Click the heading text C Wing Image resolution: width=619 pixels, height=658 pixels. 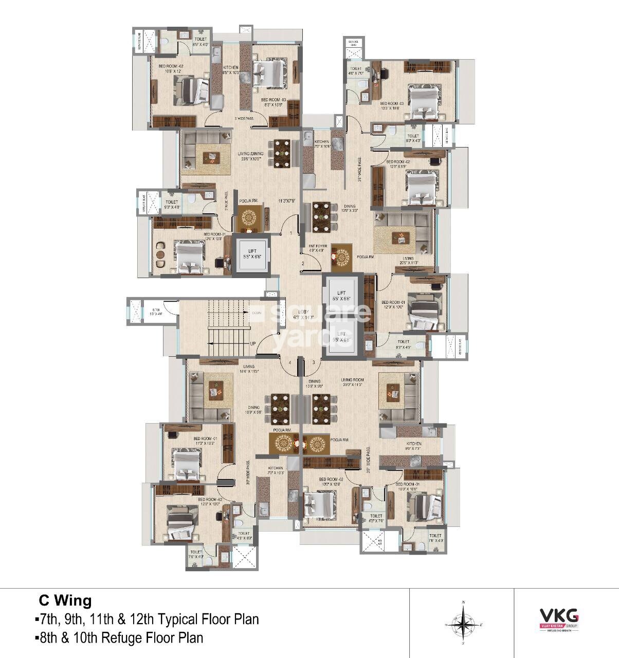click(65, 600)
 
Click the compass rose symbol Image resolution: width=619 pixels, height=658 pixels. click(464, 624)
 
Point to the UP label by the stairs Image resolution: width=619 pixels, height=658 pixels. click(253, 343)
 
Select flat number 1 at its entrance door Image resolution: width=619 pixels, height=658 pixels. click(290, 234)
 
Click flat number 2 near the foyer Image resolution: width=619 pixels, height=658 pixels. click(303, 264)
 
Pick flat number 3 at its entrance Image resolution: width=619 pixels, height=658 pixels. click(313, 363)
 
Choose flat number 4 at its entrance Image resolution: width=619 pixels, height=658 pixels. click(290, 363)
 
